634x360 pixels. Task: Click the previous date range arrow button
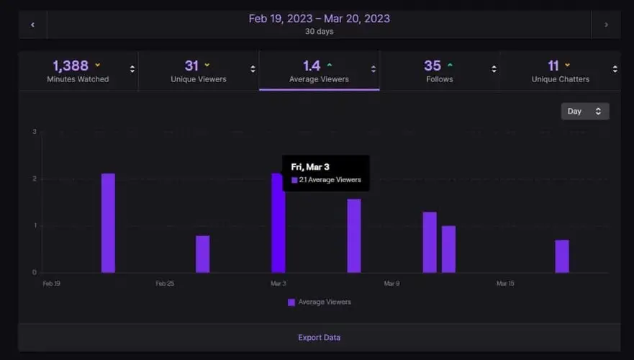pyautogui.click(x=32, y=24)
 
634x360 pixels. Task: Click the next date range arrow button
pyautogui.click(x=606, y=24)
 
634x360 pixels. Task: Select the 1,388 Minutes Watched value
pyautogui.click(x=71, y=66)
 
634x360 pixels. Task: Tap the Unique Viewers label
pyautogui.click(x=198, y=79)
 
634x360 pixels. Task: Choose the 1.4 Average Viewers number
pyautogui.click(x=312, y=66)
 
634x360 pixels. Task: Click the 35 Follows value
pyautogui.click(x=433, y=66)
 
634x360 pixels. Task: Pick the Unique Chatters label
pyautogui.click(x=560, y=79)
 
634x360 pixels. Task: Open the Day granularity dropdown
pyautogui.click(x=585, y=111)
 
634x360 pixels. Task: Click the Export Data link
pyautogui.click(x=319, y=337)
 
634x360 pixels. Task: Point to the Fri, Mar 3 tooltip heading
pyautogui.click(x=310, y=167)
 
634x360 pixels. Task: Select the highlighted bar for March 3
pyautogui.click(x=278, y=223)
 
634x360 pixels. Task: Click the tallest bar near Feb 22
pyautogui.click(x=108, y=223)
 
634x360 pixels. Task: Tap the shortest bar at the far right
pyautogui.click(x=562, y=256)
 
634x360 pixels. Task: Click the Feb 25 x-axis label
pyautogui.click(x=165, y=284)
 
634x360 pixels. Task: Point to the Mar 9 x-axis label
pyautogui.click(x=391, y=284)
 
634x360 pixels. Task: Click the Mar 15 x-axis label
pyautogui.click(x=505, y=284)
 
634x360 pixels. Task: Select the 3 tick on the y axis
pyautogui.click(x=35, y=132)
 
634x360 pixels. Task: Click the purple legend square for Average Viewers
pyautogui.click(x=291, y=302)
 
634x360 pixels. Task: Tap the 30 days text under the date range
pyautogui.click(x=319, y=32)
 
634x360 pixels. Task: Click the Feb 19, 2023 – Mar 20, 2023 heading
pyautogui.click(x=319, y=18)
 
